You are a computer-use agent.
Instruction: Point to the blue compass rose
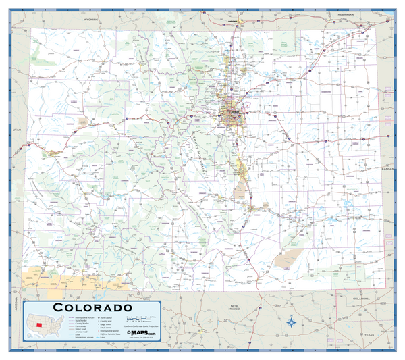point(291,322)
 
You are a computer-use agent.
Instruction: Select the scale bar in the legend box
point(139,318)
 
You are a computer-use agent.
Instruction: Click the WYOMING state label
point(92,20)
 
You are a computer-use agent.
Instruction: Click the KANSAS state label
point(387,168)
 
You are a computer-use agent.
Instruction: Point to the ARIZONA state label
point(11,303)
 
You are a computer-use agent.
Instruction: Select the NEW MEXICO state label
point(234,308)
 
